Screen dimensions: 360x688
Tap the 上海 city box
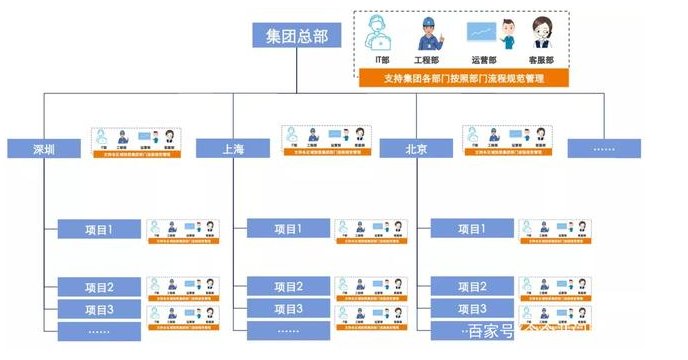click(x=233, y=149)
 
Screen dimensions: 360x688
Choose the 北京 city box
click(x=417, y=149)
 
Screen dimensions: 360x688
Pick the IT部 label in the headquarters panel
click(x=382, y=60)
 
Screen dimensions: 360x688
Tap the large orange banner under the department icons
click(x=462, y=78)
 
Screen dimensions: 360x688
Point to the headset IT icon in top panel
click(x=381, y=34)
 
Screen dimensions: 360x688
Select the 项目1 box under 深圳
click(x=98, y=230)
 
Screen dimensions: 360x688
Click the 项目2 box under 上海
click(x=288, y=288)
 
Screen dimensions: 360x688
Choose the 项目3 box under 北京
click(x=470, y=309)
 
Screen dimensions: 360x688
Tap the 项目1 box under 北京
click(x=470, y=230)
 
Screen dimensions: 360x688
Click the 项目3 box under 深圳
click(x=98, y=309)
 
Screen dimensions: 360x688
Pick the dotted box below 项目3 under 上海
click(x=288, y=330)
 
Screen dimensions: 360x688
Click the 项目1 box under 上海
click(x=288, y=230)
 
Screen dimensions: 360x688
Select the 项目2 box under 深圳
click(x=98, y=288)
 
